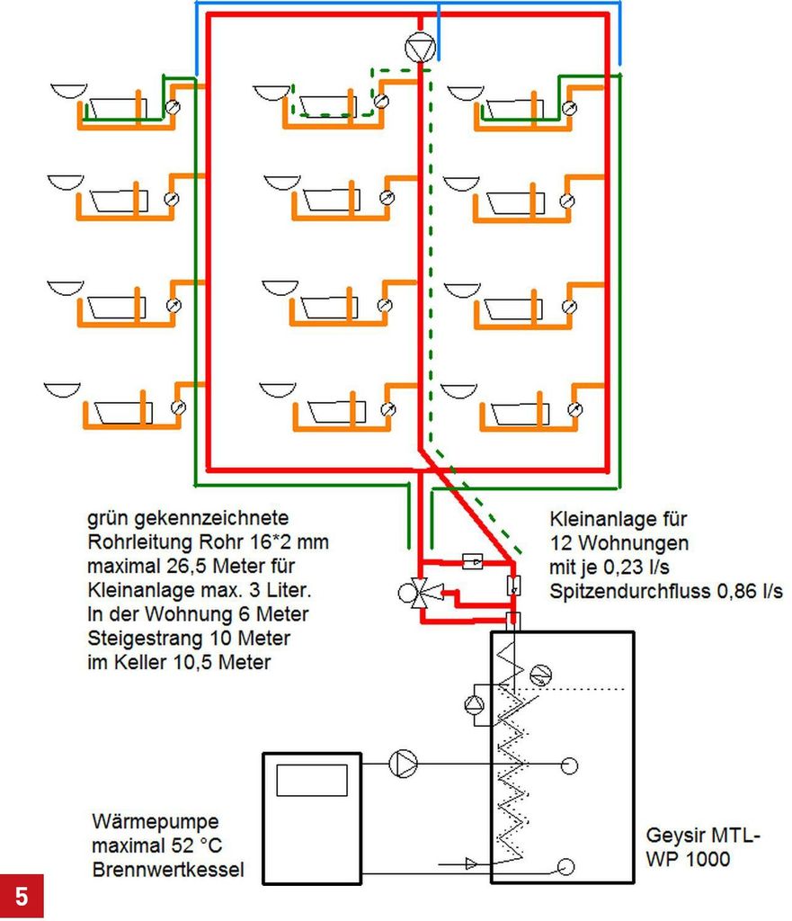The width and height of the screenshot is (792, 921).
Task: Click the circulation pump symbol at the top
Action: (x=419, y=48)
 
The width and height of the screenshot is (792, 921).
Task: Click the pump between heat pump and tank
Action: (x=404, y=764)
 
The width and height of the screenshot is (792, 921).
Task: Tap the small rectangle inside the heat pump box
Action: (x=311, y=780)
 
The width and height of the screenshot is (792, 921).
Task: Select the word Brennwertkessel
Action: (x=167, y=871)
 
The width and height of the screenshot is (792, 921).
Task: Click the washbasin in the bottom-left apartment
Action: (x=62, y=391)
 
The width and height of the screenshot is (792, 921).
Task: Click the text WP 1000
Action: (x=688, y=860)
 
